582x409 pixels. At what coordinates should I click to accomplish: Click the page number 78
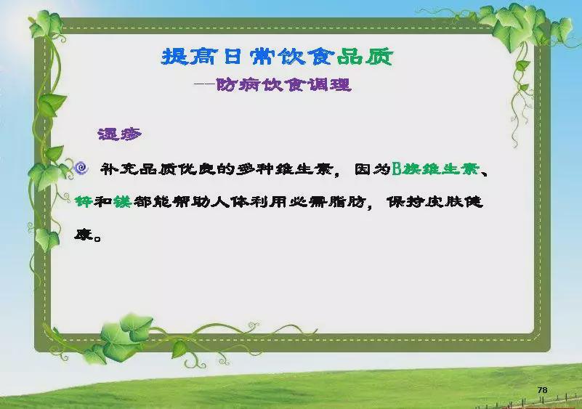pos(542,389)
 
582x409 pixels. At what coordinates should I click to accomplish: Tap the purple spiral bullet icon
pos(81,168)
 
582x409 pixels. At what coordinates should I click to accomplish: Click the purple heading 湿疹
pos(119,134)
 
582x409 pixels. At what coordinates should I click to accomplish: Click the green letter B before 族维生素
pos(397,169)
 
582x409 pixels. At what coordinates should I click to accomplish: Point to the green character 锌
pos(83,201)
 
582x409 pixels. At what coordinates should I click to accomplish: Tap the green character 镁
pos(123,201)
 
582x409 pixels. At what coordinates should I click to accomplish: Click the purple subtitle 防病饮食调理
pos(283,85)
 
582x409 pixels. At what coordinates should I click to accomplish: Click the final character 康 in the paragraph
pos(83,235)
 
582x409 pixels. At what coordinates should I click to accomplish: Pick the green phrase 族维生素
pos(440,169)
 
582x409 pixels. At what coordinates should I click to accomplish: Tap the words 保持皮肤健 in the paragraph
pos(435,202)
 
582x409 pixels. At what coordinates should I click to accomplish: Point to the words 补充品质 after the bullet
pos(138,169)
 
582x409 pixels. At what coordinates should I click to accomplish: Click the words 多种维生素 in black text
pos(284,169)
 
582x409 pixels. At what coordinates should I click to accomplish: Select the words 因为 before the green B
pos(372,169)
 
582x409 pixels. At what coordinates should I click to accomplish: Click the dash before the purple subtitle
pos(204,84)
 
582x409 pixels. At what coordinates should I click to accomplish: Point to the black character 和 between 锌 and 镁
pos(103,201)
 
